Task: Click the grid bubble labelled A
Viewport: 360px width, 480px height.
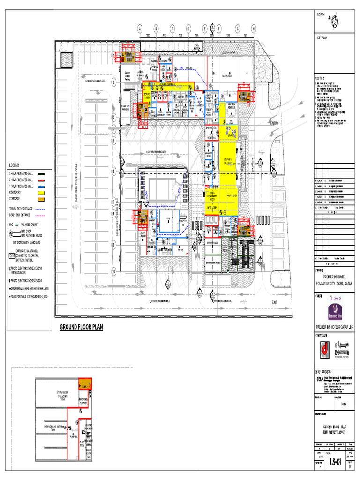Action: (139, 29)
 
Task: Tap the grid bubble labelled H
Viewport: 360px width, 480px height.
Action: (253, 29)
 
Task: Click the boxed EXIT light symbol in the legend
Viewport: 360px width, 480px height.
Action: (12, 256)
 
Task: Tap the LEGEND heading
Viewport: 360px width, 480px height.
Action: (14, 165)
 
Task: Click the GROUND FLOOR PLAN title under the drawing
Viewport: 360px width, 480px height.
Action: (81, 327)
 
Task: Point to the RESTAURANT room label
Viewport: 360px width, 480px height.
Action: (227, 75)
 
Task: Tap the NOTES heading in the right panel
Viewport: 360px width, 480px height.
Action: (320, 78)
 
